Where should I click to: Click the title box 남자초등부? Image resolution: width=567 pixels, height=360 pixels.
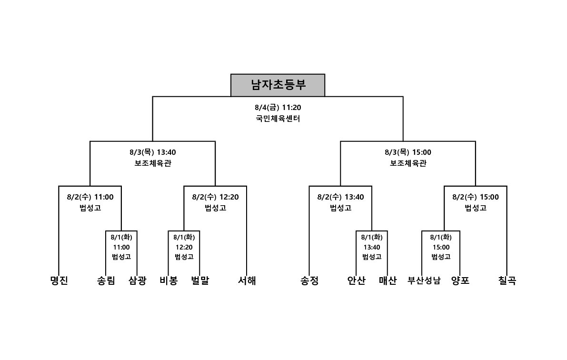278,85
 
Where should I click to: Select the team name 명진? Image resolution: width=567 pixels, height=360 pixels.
59,280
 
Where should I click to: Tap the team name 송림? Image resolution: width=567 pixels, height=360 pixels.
106,280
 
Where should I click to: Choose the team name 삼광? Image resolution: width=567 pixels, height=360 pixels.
138,280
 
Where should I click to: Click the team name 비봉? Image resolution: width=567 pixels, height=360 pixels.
169,280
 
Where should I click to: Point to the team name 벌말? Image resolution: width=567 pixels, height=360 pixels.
200,280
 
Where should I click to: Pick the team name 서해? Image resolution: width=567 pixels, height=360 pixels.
247,280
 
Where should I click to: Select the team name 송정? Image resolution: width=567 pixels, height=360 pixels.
309,280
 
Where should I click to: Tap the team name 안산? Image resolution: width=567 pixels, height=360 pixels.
357,280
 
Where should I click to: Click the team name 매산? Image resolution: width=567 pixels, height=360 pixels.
388,280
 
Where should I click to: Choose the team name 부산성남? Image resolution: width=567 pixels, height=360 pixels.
424,280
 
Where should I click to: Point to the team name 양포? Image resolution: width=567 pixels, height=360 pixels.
460,280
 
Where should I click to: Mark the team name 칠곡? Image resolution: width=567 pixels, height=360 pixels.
507,280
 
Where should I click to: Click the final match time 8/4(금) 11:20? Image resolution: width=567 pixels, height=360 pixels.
278,108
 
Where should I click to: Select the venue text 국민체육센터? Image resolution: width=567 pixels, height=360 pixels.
278,119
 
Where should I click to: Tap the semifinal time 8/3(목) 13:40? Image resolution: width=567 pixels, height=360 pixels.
153,152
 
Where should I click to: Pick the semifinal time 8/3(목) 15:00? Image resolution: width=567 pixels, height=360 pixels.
408,152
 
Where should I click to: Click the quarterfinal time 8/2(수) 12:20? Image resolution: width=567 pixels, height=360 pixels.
215,197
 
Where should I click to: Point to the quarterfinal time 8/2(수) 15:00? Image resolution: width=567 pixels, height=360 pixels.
476,197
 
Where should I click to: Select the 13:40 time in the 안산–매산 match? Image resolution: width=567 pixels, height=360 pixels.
372,248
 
